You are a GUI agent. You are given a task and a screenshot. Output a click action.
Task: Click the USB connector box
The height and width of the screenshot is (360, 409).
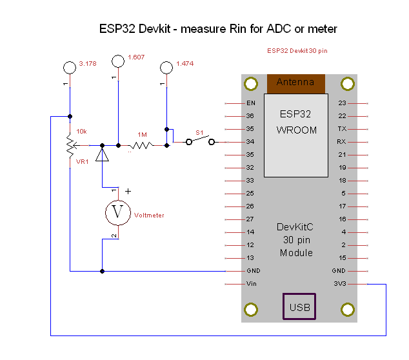click(299, 306)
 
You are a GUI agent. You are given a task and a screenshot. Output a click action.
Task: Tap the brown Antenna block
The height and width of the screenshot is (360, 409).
click(295, 83)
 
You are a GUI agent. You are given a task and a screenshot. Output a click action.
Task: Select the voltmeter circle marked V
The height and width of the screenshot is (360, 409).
click(117, 212)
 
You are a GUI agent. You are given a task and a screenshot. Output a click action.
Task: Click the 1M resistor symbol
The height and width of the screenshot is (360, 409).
click(141, 146)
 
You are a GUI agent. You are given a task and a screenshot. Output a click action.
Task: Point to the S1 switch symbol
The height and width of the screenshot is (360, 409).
click(200, 141)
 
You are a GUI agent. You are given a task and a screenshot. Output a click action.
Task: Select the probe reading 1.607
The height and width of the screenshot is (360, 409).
click(117, 61)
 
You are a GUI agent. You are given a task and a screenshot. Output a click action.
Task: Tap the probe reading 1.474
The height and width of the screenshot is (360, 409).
click(166, 67)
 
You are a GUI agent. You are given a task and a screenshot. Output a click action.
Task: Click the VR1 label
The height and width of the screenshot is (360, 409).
click(82, 162)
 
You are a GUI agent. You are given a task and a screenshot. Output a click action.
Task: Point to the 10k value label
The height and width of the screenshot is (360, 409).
click(81, 132)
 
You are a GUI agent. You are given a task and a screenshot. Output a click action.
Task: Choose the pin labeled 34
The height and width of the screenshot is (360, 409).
click(250, 142)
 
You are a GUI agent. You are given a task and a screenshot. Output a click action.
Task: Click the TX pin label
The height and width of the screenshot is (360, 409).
click(342, 129)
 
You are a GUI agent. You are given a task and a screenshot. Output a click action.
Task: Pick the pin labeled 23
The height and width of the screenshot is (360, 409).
click(342, 103)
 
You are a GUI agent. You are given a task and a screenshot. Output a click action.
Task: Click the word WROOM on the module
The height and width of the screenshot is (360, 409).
click(297, 130)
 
